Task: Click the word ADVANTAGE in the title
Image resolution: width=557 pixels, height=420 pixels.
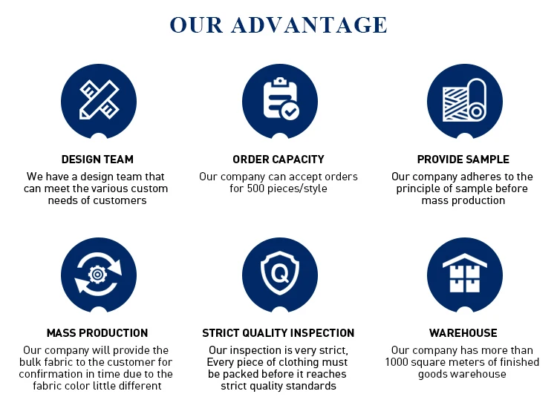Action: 309,24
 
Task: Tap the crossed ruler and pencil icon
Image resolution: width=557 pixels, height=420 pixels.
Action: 99,99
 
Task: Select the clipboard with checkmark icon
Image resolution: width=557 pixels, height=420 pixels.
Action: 281,99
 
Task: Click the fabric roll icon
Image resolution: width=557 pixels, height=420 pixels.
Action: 465,99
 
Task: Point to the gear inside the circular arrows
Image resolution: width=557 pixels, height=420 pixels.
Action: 98,274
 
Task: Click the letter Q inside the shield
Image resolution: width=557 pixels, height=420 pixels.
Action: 280,273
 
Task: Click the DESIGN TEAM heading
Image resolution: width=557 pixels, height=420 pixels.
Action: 97,160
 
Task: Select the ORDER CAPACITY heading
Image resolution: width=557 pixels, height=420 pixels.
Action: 278,160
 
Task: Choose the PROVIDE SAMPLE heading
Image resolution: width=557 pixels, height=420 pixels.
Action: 463,160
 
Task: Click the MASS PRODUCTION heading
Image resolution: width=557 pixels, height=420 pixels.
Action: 97,333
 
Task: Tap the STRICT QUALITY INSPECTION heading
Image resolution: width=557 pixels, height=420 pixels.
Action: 278,333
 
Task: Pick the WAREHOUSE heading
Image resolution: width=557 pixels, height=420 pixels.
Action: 463,333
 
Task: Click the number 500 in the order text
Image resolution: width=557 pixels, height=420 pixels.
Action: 255,188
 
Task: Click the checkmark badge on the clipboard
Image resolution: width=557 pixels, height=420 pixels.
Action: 290,111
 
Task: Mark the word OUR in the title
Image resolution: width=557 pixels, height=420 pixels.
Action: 197,24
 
